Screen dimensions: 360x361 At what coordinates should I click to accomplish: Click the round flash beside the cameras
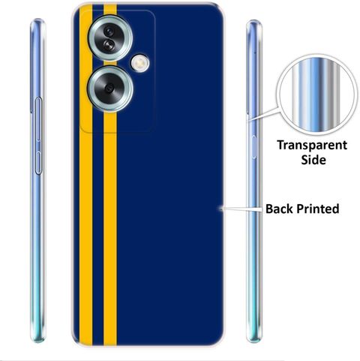[x=140, y=63]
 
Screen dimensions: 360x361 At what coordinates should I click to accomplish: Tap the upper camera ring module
[x=110, y=38]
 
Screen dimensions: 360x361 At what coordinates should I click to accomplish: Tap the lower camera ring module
[x=110, y=89]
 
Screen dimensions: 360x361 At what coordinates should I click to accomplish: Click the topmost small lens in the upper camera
[x=109, y=31]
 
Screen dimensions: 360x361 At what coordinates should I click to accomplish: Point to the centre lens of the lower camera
[x=109, y=89]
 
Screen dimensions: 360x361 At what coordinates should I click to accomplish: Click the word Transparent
[x=312, y=146]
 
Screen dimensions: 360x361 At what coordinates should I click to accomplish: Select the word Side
[x=313, y=160]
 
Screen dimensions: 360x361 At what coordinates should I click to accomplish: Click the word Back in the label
[x=279, y=209]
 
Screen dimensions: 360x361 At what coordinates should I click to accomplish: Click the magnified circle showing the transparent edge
[x=316, y=95]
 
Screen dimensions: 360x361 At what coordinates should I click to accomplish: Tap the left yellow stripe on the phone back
[x=85, y=175]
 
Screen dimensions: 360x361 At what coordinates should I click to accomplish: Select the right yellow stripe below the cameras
[x=110, y=227]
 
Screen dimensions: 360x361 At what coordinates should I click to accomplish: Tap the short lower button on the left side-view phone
[x=38, y=163]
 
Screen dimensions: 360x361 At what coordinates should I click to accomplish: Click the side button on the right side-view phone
[x=253, y=147]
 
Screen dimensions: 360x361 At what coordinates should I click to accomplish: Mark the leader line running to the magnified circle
[x=263, y=114]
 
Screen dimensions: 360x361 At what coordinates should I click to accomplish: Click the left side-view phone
[x=38, y=180]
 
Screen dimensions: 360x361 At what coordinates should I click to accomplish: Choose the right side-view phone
[x=253, y=182]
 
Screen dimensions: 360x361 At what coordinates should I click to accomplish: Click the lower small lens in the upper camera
[x=109, y=44]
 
